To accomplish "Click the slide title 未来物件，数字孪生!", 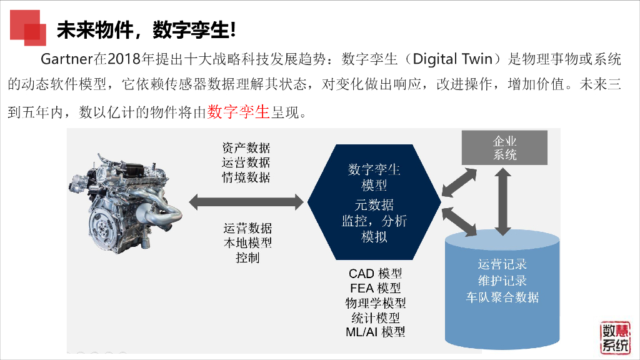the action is click(x=146, y=29).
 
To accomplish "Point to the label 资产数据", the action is click(x=246, y=148).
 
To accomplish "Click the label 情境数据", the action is click(x=246, y=177).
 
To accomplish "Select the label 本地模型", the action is click(x=247, y=242).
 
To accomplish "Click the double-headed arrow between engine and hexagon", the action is click(x=245, y=201).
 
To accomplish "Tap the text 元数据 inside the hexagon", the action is click(x=374, y=204).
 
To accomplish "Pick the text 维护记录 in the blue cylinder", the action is click(x=502, y=281).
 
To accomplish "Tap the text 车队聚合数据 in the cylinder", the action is click(x=502, y=297).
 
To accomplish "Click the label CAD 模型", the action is click(x=375, y=274).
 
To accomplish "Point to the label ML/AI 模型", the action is click(x=375, y=332).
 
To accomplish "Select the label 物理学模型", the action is click(x=375, y=303).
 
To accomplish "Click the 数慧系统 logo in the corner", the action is click(x=615, y=339).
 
